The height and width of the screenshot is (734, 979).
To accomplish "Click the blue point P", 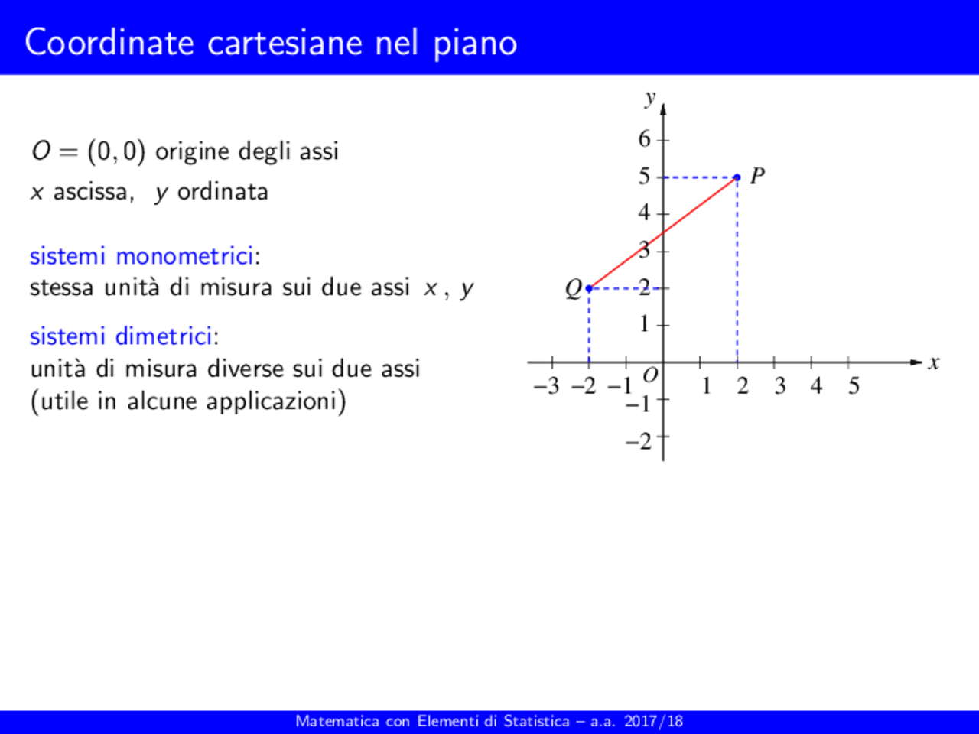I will [737, 177].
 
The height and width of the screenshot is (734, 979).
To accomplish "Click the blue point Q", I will [589, 288].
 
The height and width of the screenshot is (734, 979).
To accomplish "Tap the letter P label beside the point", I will [757, 177].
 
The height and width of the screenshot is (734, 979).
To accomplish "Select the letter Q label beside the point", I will [573, 289].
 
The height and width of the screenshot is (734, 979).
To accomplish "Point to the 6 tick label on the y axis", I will [645, 139].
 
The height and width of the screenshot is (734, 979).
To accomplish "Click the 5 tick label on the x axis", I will [854, 386].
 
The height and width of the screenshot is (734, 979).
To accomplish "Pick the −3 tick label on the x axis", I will [548, 386].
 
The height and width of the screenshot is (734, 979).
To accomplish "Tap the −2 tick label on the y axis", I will [639, 441].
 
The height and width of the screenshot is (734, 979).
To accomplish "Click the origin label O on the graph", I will [650, 375].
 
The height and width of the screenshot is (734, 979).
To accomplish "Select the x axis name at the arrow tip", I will [933, 362].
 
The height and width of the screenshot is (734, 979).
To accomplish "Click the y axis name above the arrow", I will [650, 97].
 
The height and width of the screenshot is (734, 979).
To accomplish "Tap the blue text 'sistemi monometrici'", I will [141, 255].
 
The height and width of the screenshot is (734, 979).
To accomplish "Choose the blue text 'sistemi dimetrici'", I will [121, 336].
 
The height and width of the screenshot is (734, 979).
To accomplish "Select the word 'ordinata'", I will [223, 191].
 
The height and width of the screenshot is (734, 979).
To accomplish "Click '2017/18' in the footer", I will [653, 721].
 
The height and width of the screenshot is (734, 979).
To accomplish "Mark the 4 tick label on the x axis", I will [816, 386].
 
